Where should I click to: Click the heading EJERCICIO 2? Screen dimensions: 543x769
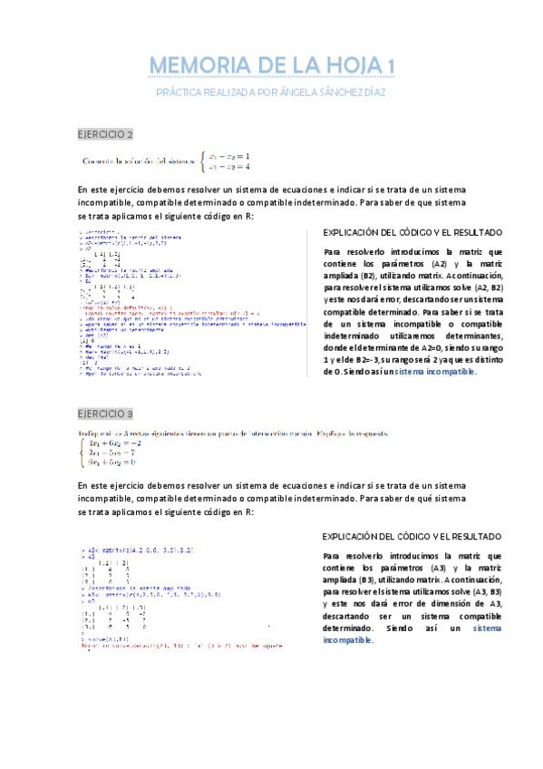point(105,135)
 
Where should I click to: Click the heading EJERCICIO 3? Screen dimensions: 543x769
point(105,414)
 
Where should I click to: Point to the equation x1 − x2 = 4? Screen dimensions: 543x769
point(228,167)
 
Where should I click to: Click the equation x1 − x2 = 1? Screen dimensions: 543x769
point(228,156)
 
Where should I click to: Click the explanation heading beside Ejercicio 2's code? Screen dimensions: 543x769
point(412,233)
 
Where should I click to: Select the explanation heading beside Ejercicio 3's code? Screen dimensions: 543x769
point(412,537)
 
